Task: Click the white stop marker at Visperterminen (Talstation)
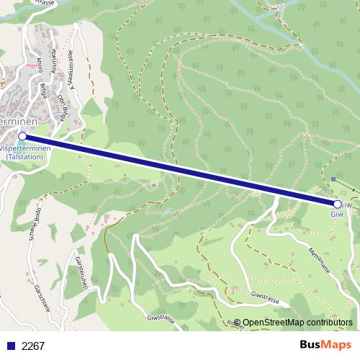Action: [x=22, y=135]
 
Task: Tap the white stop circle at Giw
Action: [x=338, y=204]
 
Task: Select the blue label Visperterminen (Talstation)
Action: [x=27, y=152]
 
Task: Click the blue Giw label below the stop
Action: [x=337, y=215]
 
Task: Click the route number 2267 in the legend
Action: [x=33, y=346]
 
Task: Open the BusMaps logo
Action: [x=325, y=345]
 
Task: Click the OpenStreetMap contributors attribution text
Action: [x=297, y=323]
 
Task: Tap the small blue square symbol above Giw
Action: [x=333, y=179]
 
